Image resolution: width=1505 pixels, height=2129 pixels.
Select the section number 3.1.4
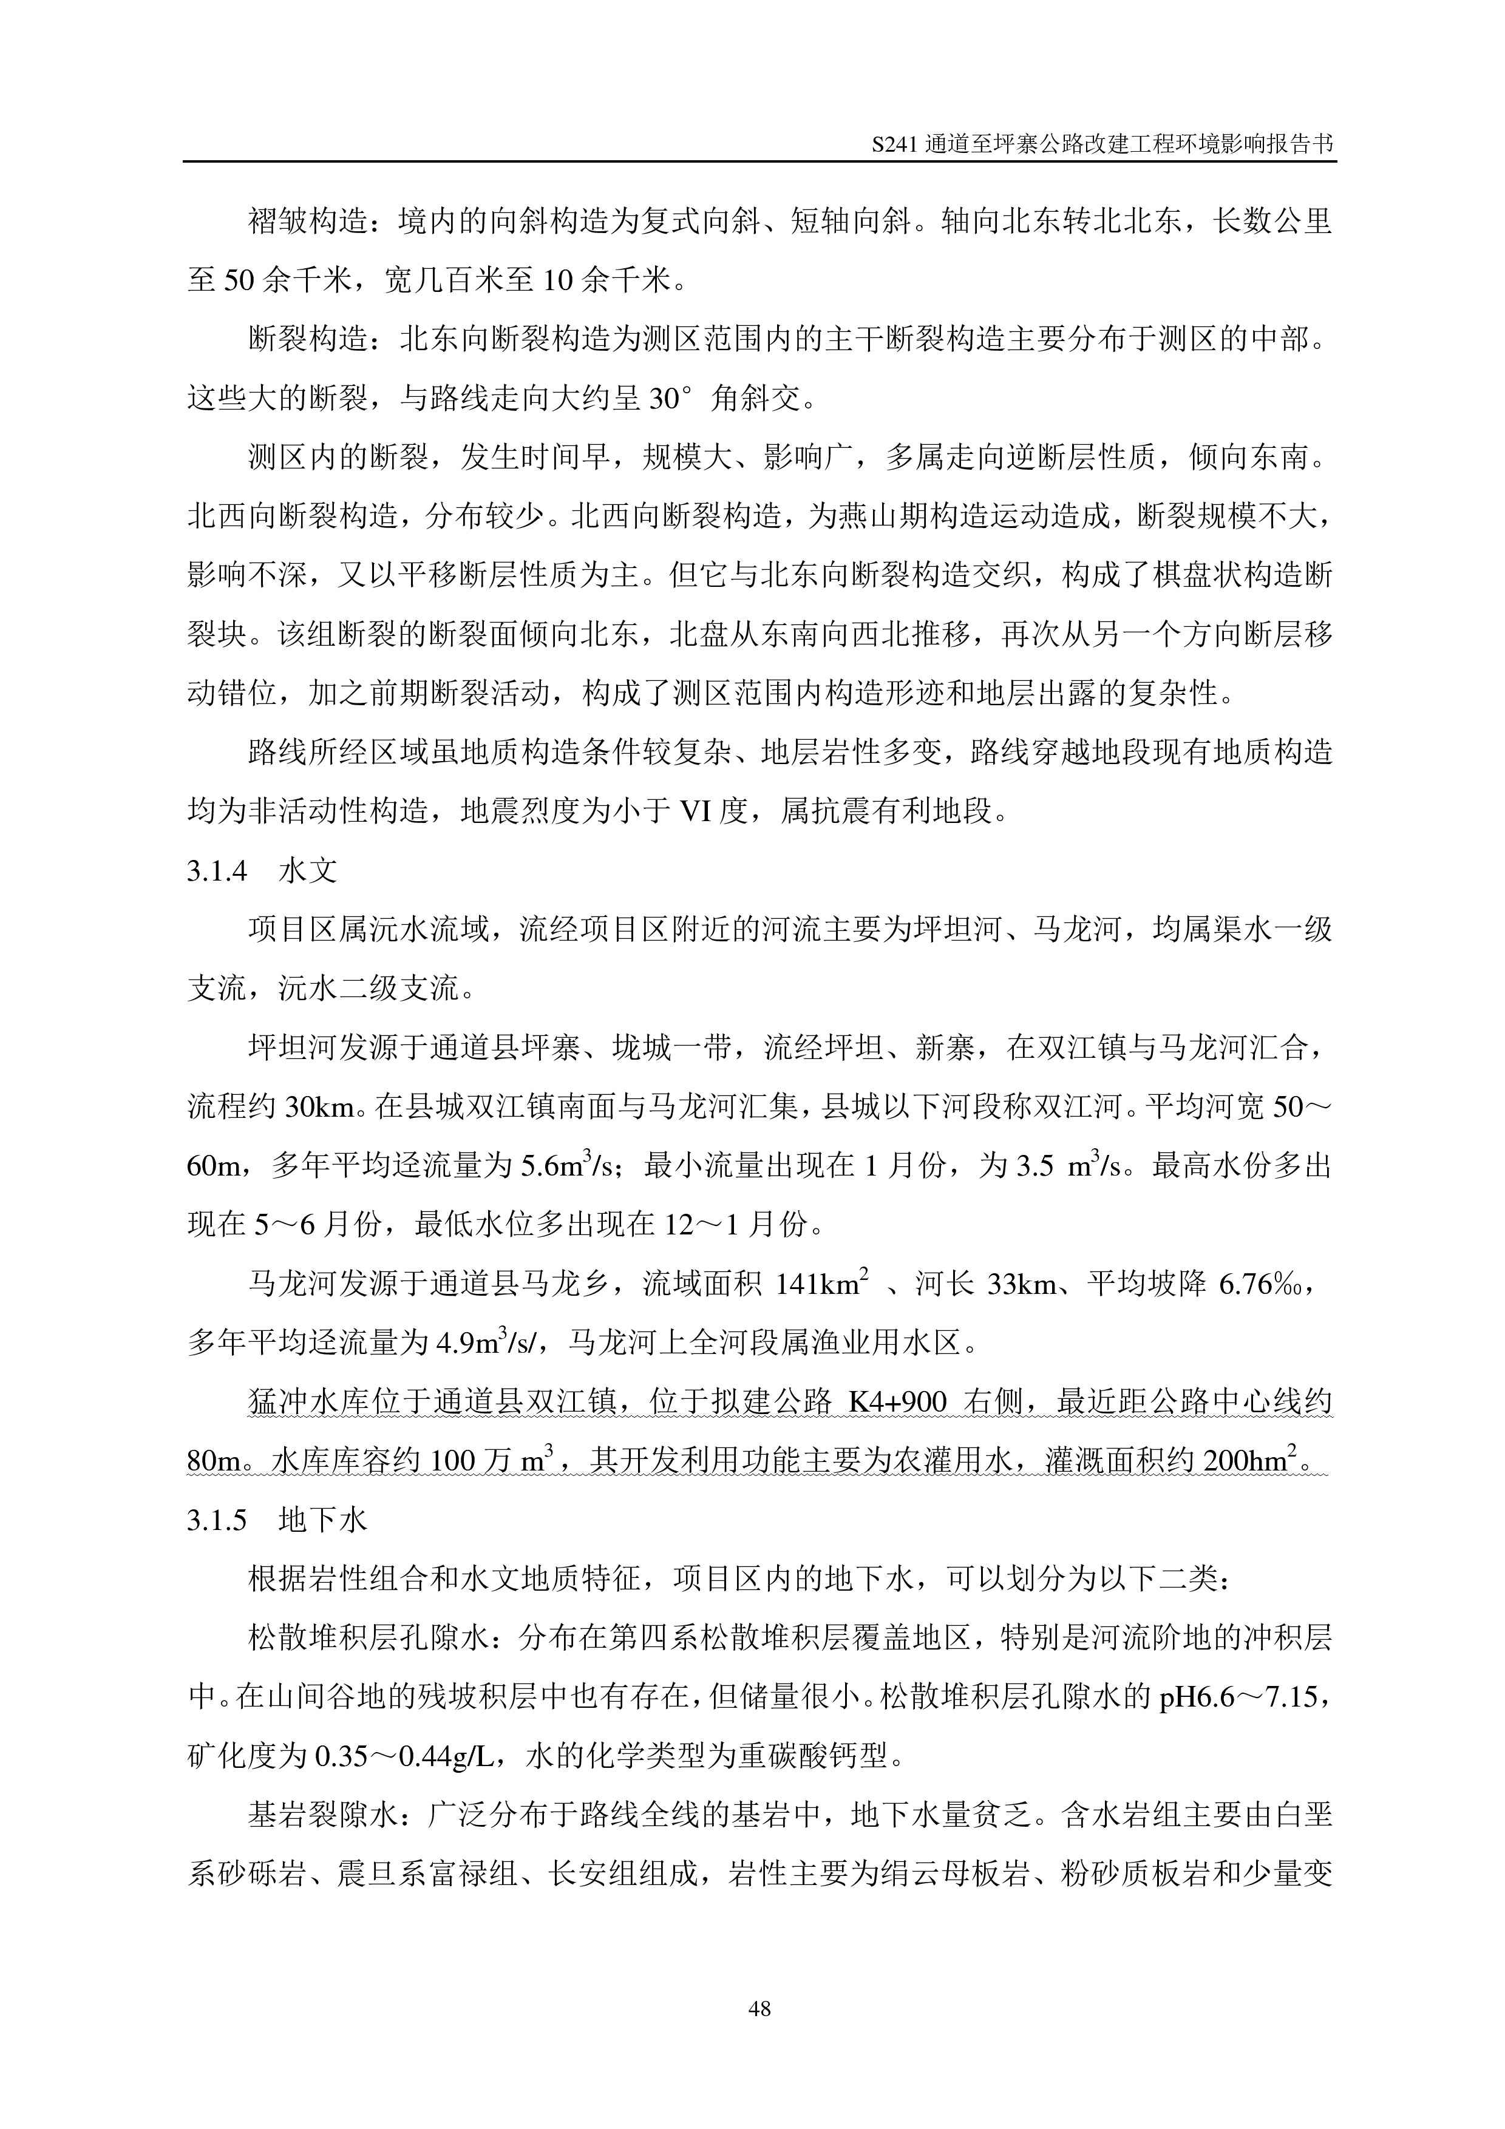[217, 871]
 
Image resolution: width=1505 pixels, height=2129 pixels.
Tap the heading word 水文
[308, 871]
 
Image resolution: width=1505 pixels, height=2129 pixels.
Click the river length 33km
[1022, 1284]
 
